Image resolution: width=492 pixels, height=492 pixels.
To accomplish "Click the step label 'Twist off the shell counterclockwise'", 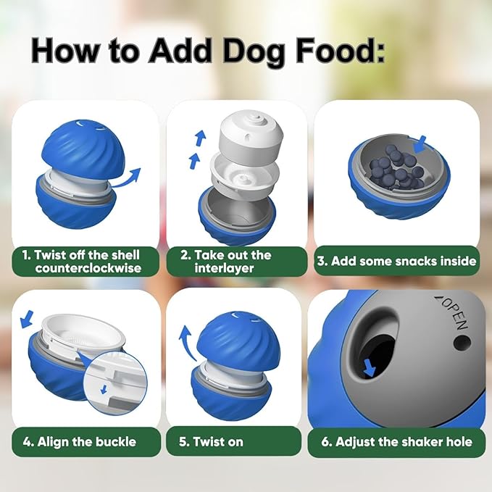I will (86, 261).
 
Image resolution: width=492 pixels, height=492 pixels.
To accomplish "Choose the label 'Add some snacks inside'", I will (396, 261).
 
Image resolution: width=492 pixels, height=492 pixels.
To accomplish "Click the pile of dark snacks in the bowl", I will (396, 169).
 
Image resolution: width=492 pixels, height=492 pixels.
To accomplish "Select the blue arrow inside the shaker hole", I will (370, 368).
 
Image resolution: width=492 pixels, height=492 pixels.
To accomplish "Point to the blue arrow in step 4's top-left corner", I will (28, 317).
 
